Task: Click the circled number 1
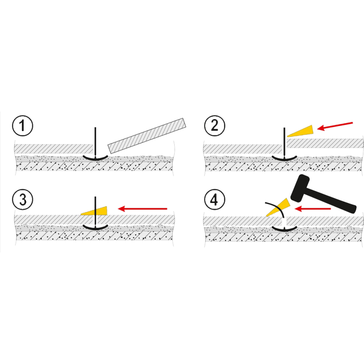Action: [22, 126]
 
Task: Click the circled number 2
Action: [215, 126]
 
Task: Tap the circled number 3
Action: [22, 200]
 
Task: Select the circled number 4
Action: [215, 200]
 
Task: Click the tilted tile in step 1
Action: [147, 136]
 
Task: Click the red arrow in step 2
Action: [335, 126]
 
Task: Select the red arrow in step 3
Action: [142, 209]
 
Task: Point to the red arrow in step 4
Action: [313, 209]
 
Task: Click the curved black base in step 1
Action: [96, 159]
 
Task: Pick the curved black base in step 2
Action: [284, 159]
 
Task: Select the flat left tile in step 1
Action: [54, 149]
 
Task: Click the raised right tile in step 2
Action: [325, 143]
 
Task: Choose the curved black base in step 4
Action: [284, 229]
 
